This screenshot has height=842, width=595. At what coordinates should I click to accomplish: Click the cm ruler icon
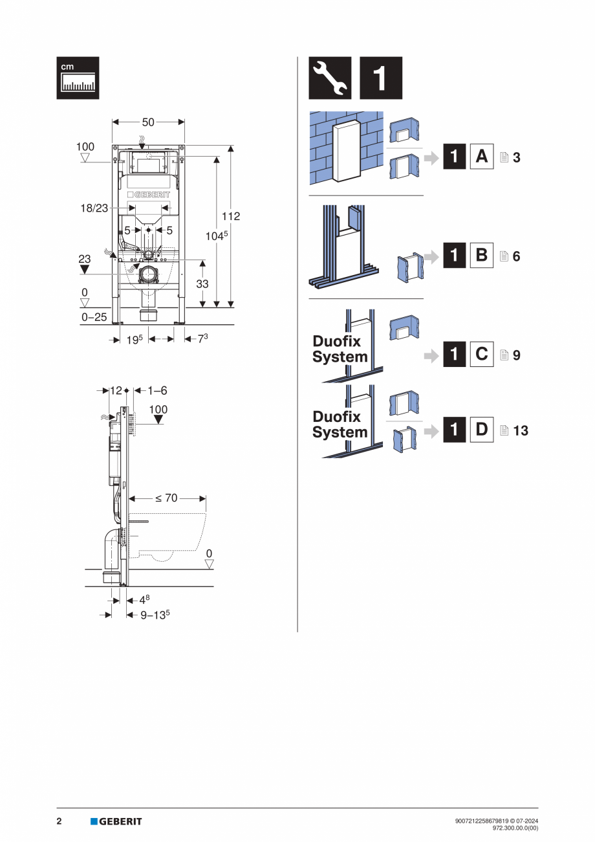(x=78, y=78)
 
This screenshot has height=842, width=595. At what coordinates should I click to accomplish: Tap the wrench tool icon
(x=330, y=78)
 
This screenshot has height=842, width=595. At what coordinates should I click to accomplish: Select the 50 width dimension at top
(x=148, y=122)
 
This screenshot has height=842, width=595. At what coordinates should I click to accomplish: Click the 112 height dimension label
(x=231, y=216)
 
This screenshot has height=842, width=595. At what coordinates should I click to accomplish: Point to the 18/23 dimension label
(x=94, y=208)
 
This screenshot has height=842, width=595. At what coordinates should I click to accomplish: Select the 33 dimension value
(x=202, y=283)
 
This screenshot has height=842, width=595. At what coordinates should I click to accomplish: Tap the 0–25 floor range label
(x=94, y=317)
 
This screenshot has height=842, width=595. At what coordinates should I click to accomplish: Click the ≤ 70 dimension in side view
(x=167, y=498)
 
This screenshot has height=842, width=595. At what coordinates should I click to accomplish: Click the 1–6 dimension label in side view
(x=157, y=391)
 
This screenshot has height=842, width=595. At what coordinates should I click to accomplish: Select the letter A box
(x=481, y=157)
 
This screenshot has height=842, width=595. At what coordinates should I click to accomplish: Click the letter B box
(x=481, y=255)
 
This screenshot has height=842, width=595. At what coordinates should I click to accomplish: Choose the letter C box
(x=481, y=354)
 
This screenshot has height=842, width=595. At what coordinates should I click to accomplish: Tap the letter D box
(x=481, y=430)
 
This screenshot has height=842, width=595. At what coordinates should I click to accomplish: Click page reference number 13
(x=520, y=430)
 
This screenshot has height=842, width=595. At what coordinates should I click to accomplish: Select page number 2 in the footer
(x=59, y=821)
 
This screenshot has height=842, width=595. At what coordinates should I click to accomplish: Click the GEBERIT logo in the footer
(x=116, y=821)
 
